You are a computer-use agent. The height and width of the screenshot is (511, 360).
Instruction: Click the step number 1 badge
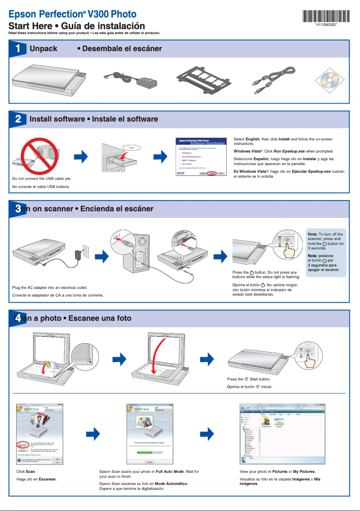tap(17, 48)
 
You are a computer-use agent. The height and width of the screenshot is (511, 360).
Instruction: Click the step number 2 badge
tap(17, 119)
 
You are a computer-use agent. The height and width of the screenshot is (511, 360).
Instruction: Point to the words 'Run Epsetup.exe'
tap(290, 152)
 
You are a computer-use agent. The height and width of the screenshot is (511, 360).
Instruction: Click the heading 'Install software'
tap(57, 119)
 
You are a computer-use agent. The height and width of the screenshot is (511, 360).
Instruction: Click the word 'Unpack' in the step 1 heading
tap(43, 48)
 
